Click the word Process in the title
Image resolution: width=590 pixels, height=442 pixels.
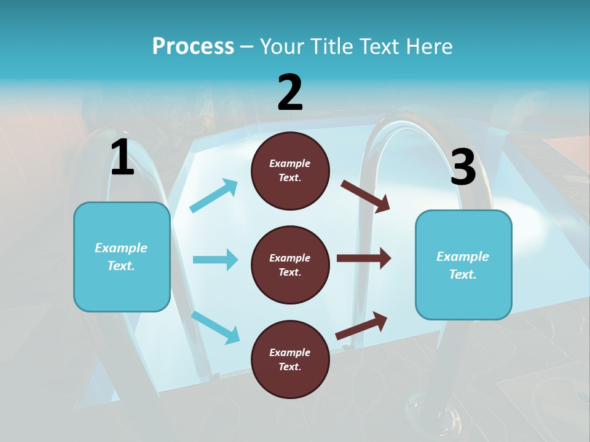click(x=193, y=47)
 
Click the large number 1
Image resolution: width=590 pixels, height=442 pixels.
click(x=122, y=157)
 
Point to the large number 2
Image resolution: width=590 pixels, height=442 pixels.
click(x=290, y=93)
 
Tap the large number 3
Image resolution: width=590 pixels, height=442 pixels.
click(x=463, y=168)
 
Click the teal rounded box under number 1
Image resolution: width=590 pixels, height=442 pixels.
click(x=122, y=257)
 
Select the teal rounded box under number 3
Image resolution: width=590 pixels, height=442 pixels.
click(x=463, y=265)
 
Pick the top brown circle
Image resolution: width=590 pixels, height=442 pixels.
click(x=290, y=171)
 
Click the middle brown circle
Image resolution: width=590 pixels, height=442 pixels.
click(x=290, y=265)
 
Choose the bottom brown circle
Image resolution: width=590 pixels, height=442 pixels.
click(x=290, y=359)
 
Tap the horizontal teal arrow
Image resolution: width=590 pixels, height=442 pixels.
click(x=215, y=260)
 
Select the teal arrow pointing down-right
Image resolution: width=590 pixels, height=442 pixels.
click(x=215, y=327)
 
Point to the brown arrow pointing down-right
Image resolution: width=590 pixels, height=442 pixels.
click(x=366, y=196)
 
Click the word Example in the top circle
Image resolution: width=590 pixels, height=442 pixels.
click(x=290, y=164)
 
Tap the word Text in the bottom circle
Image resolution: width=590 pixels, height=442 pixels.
click(x=289, y=367)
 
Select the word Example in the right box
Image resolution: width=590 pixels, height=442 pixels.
click(x=463, y=257)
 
